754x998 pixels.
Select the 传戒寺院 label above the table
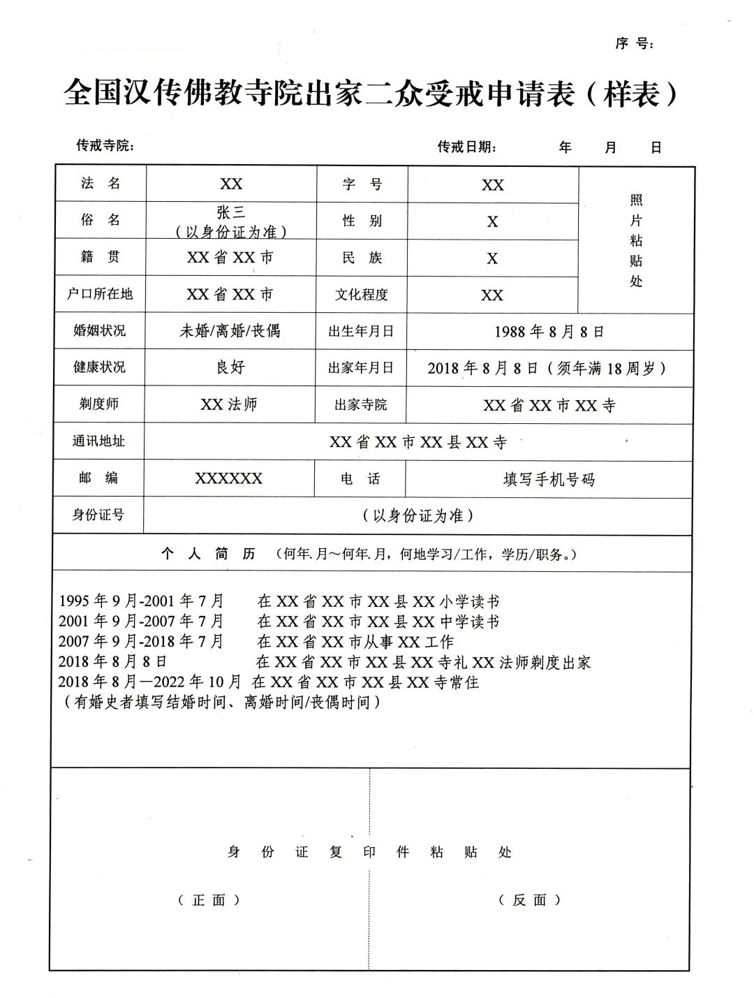pyautogui.click(x=105, y=145)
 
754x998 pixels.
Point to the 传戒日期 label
pyautogui.click(x=467, y=147)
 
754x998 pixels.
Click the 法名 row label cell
pyautogui.click(x=101, y=184)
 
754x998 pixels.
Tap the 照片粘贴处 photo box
pyautogui.click(x=636, y=240)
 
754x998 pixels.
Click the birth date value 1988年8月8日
pyautogui.click(x=549, y=331)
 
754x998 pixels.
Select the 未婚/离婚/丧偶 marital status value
pyautogui.click(x=230, y=330)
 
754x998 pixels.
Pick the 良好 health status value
pyautogui.click(x=230, y=367)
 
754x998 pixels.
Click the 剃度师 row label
pyautogui.click(x=99, y=404)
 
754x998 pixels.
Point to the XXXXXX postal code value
pyautogui.click(x=229, y=478)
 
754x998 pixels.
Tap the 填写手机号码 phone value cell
pyautogui.click(x=549, y=479)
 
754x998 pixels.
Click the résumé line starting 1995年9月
pyautogui.click(x=279, y=601)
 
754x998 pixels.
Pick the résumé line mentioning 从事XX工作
pyautogui.click(x=256, y=641)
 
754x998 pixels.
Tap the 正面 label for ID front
pyautogui.click(x=209, y=900)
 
